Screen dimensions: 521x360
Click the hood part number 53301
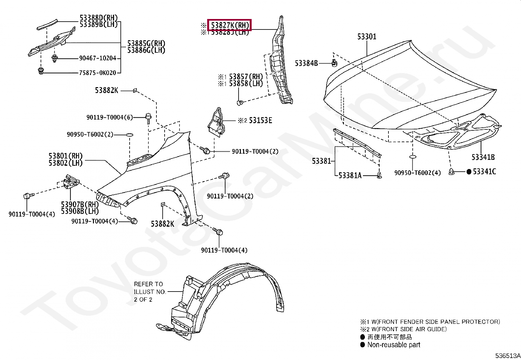(367, 37)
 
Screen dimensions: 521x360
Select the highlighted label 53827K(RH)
(230, 25)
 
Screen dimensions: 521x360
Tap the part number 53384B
(306, 63)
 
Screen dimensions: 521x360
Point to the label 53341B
(483, 157)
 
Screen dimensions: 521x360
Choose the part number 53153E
(260, 121)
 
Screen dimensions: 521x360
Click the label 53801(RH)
(65, 156)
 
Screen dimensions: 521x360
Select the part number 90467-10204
(98, 58)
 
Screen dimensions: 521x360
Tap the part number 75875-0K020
(98, 73)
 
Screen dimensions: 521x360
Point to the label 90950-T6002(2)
(90, 134)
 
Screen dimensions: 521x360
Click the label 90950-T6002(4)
(417, 173)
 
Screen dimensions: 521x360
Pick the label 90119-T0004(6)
(110, 117)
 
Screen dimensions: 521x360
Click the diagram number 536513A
(507, 356)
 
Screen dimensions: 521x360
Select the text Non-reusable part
(394, 345)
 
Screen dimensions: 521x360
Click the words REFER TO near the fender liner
(148, 284)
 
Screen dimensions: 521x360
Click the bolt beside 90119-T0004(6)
(148, 117)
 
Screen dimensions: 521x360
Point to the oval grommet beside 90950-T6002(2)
(129, 134)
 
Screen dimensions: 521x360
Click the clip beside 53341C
(452, 171)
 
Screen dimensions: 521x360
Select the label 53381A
(350, 176)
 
